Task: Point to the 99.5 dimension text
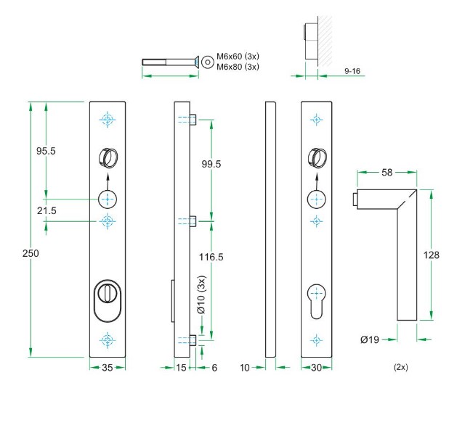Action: pyautogui.click(x=211, y=164)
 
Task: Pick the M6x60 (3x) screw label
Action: pyautogui.click(x=238, y=57)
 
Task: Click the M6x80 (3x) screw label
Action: pyautogui.click(x=238, y=67)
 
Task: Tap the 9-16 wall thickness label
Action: pyautogui.click(x=352, y=71)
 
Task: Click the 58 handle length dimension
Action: pyautogui.click(x=387, y=173)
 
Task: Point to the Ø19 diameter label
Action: pyautogui.click(x=370, y=339)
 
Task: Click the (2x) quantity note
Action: pyautogui.click(x=400, y=367)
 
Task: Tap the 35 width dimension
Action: pyautogui.click(x=107, y=368)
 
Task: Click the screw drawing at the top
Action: pyautogui.click(x=171, y=62)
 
